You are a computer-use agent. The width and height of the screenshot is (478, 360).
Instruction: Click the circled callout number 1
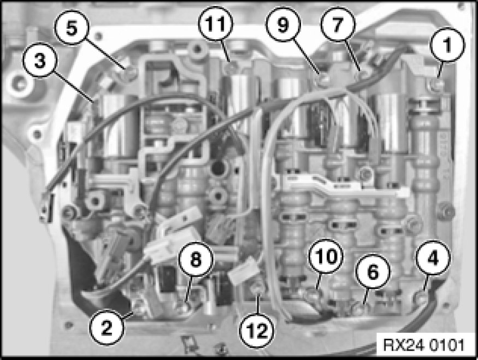click(447, 45)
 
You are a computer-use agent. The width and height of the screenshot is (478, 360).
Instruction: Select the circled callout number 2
click(107, 328)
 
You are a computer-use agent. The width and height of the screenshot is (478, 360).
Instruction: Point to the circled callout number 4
click(433, 258)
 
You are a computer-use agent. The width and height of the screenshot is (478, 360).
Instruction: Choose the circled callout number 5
click(72, 28)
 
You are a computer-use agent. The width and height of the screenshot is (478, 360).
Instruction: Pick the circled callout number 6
click(373, 272)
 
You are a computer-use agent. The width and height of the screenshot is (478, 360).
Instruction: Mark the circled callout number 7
click(338, 24)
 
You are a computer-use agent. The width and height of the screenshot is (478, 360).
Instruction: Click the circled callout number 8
click(196, 259)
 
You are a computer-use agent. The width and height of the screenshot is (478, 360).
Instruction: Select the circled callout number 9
click(283, 24)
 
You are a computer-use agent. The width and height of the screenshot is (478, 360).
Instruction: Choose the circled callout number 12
click(256, 331)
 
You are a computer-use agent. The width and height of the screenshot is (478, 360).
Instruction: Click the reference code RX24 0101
click(423, 345)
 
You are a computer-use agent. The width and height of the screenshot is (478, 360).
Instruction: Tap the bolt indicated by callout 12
click(258, 287)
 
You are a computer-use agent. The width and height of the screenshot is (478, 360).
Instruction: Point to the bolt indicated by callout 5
click(131, 73)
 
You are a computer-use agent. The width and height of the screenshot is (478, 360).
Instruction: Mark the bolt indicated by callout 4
click(422, 297)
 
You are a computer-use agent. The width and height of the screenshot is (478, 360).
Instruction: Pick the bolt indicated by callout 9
click(323, 79)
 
